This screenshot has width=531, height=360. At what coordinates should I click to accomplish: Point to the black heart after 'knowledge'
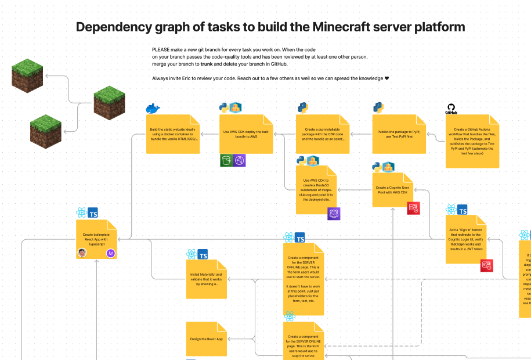point(387,78)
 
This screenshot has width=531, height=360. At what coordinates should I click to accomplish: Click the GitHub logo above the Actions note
point(450,109)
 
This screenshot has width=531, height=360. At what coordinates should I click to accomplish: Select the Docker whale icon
point(153,109)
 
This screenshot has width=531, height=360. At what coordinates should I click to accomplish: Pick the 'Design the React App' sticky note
point(206,339)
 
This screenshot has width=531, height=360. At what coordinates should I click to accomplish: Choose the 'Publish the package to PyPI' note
point(399,134)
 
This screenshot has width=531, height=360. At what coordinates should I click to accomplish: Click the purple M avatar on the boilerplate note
point(110,253)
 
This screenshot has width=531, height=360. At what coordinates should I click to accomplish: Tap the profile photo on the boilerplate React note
point(82,253)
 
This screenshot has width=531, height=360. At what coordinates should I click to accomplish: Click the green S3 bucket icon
point(226,161)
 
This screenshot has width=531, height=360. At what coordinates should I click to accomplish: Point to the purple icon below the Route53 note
point(334,214)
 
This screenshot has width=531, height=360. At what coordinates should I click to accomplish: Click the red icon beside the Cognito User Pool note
point(413,208)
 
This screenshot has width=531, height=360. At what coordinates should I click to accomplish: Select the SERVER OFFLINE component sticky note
point(303,279)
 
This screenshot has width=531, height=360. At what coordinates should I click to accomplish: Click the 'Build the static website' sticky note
point(173,134)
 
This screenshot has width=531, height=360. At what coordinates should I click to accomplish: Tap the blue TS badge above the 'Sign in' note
point(463,210)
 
